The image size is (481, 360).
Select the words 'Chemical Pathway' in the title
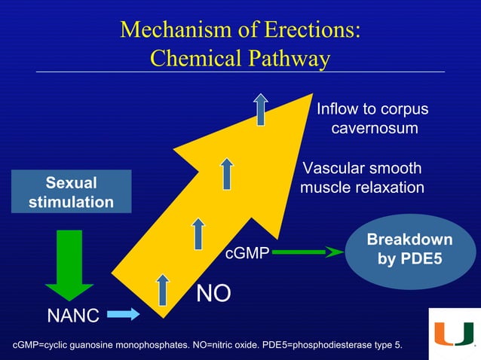(x=240, y=58)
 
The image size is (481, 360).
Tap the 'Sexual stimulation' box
(x=71, y=192)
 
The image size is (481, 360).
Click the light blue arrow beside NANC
(x=124, y=313)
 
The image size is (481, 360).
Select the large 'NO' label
(x=213, y=294)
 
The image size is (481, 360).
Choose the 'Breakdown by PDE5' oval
(x=409, y=251)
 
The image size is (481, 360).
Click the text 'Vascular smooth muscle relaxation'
(x=362, y=178)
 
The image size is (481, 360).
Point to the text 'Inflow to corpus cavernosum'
(x=372, y=119)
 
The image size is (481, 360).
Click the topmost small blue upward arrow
(x=261, y=109)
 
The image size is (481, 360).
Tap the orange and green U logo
(x=454, y=333)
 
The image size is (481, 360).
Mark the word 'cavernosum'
(x=375, y=129)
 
